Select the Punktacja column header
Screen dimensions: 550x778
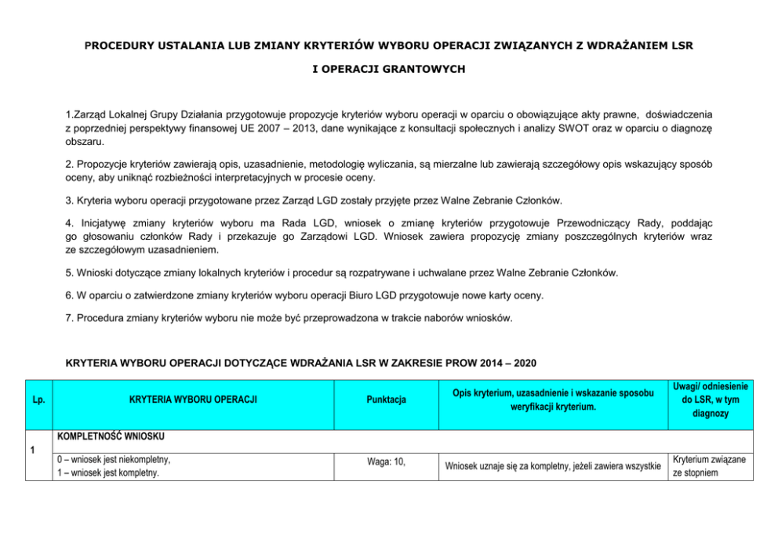point(386,400)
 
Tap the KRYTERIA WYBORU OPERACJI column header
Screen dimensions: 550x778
point(193,400)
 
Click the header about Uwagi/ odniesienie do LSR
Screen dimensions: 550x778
point(711,400)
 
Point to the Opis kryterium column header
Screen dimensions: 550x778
point(553,400)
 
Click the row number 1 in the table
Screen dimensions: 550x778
point(31,450)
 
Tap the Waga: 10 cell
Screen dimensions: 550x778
point(386,461)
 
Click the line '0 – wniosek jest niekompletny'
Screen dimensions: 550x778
point(112,459)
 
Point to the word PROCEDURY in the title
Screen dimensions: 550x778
point(122,46)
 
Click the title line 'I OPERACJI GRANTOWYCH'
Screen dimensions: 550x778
point(388,69)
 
